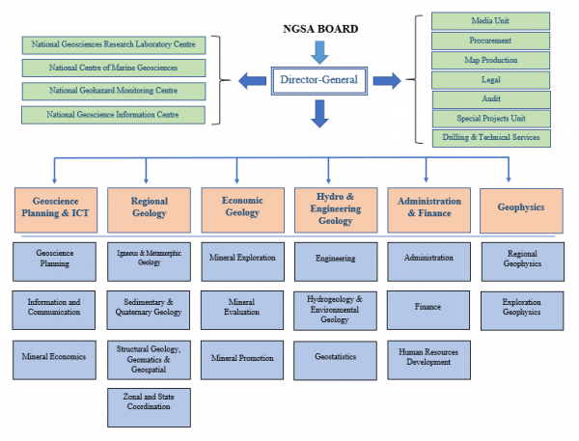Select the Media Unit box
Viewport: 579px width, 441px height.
[x=491, y=21]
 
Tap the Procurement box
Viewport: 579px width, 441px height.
[x=491, y=41]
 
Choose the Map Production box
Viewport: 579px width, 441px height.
[x=491, y=60]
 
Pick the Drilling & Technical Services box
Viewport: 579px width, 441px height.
[x=491, y=138]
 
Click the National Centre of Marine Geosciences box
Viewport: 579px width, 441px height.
[x=114, y=68]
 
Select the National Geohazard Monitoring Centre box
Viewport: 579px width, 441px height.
[x=114, y=91]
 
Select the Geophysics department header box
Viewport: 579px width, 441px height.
[x=521, y=207]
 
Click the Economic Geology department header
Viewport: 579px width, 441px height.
[x=240, y=208]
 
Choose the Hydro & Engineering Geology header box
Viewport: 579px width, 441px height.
[x=333, y=208]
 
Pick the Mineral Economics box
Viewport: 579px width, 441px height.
[x=55, y=357]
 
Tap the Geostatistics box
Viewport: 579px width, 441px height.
[x=333, y=357]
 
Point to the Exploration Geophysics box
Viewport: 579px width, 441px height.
[x=521, y=307]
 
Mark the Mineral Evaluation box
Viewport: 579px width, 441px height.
[x=240, y=307]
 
